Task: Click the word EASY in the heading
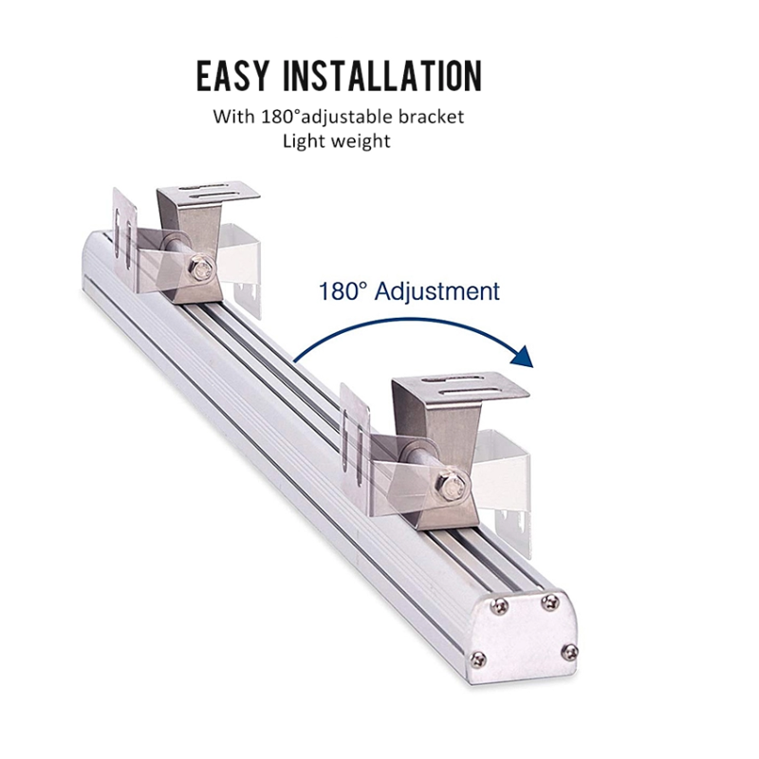pos(231,76)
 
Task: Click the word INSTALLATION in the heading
pos(382,76)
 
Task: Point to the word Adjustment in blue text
pos(436,291)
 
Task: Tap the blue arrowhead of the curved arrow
pos(523,357)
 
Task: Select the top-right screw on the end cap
pos(550,602)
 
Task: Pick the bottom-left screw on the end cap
pos(479,657)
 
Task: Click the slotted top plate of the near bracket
pos(461,386)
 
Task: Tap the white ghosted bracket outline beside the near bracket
pos(505,479)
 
